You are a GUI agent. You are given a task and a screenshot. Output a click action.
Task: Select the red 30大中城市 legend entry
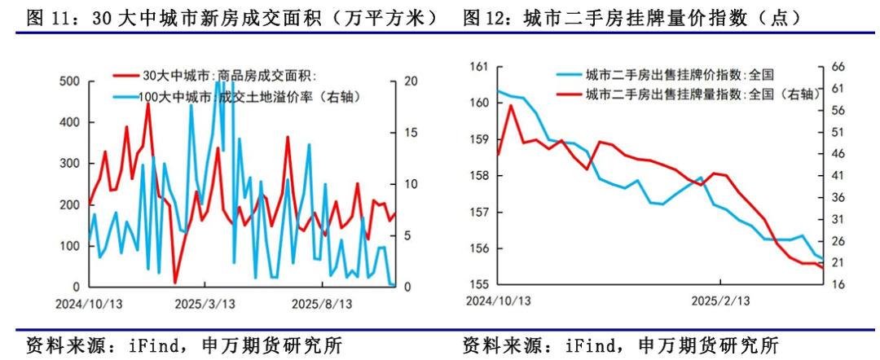pos(228,76)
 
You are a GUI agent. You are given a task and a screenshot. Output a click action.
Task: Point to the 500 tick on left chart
pos(70,81)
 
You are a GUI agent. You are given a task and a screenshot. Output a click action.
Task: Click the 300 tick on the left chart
pos(70,164)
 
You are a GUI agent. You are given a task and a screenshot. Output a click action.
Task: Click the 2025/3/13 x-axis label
pos(207,303)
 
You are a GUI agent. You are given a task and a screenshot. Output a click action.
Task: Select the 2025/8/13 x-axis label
pos(323,303)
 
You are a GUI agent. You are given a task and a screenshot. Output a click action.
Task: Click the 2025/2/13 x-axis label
pos(721,301)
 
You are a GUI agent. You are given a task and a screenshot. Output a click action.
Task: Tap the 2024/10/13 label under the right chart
pos(498,301)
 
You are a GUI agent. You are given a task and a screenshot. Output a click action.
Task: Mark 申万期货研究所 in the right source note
pos(709,345)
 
